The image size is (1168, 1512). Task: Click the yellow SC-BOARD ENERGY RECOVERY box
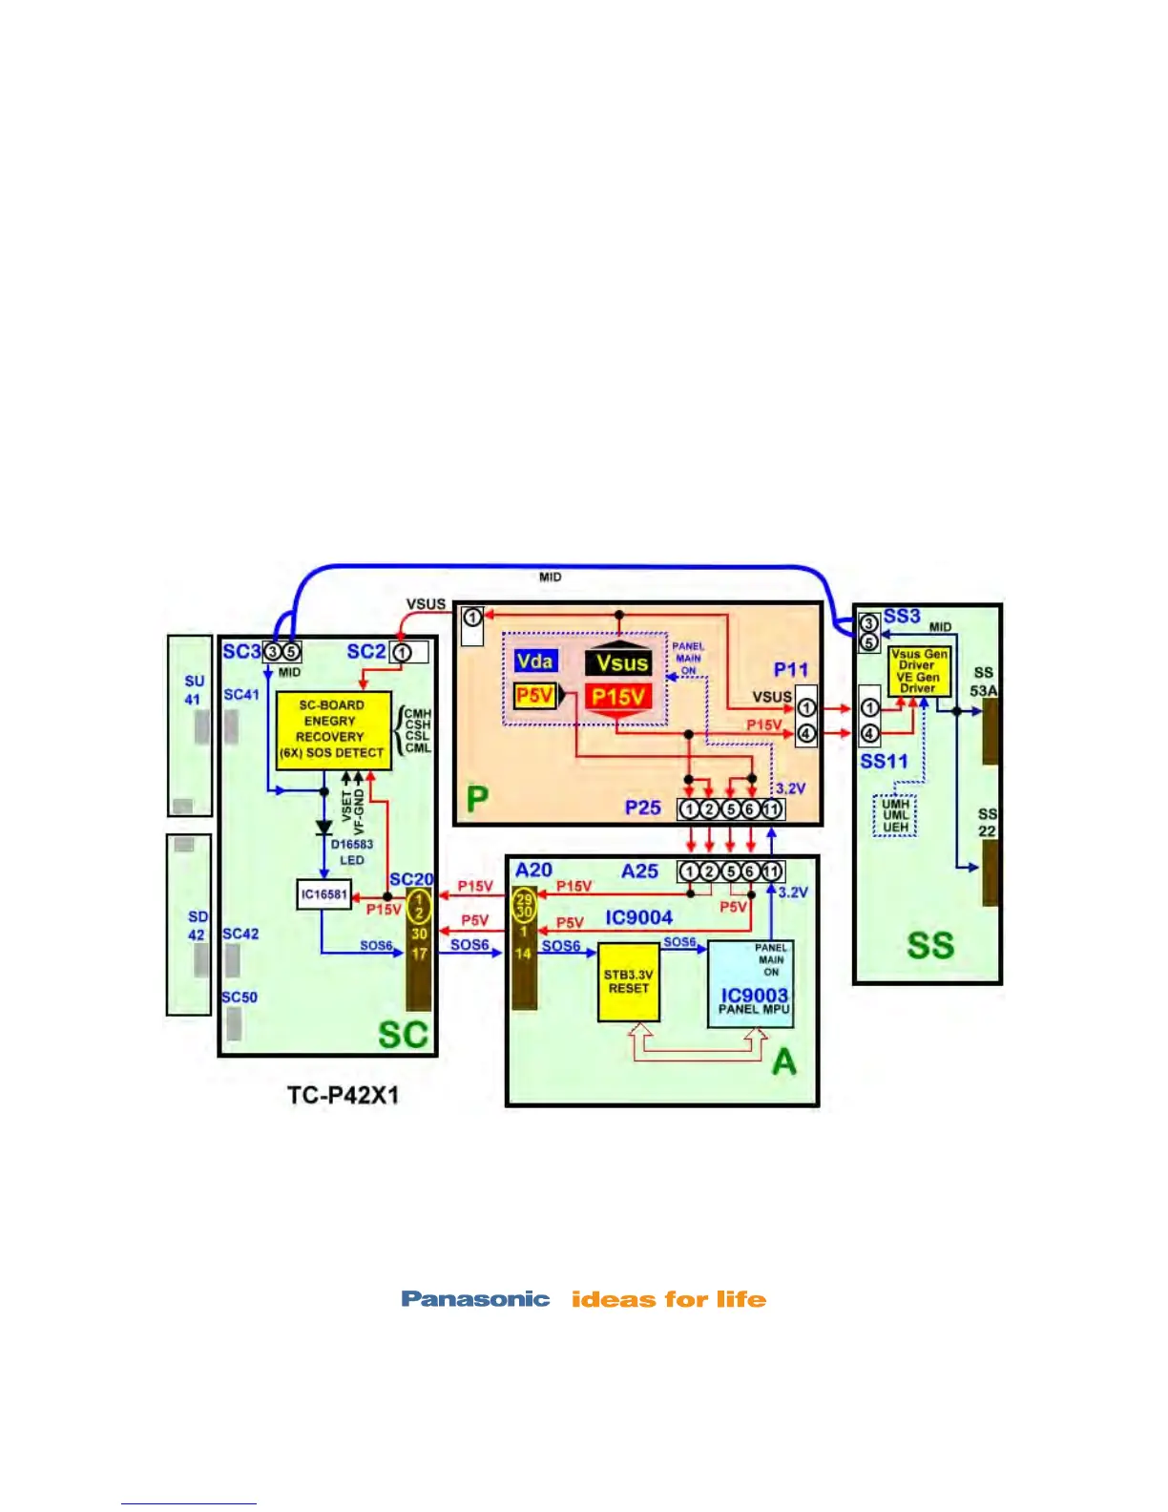point(333,730)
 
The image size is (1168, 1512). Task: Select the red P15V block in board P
point(617,697)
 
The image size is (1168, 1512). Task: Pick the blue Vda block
point(534,661)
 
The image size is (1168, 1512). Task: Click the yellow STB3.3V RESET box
point(628,982)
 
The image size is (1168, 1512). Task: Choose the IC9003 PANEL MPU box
point(751,984)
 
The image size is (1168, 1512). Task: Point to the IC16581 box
point(323,895)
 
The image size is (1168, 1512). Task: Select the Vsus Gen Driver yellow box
point(918,670)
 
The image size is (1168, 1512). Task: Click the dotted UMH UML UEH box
point(895,815)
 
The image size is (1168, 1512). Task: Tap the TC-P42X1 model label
point(343,1095)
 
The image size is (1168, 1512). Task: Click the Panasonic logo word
point(475,1299)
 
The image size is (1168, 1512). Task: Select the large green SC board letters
point(403,1035)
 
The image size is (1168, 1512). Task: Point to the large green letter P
point(477,798)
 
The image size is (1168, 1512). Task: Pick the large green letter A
point(783,1061)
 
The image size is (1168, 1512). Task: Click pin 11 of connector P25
point(772,809)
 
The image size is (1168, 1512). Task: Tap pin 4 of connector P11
point(806,733)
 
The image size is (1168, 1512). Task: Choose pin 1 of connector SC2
point(402,653)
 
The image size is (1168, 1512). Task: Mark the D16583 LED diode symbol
point(324,828)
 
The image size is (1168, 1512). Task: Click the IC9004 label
point(638,917)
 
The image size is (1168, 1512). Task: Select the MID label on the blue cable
point(551,577)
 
